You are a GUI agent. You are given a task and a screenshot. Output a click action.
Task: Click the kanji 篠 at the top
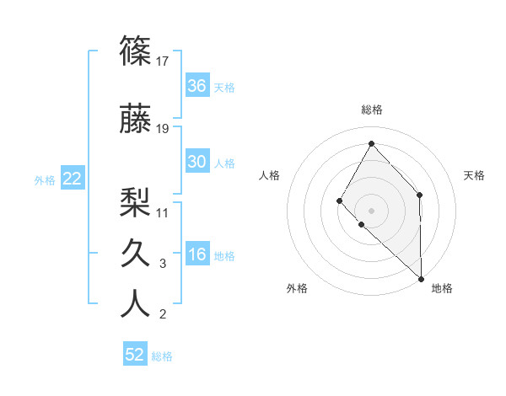pos(135,51)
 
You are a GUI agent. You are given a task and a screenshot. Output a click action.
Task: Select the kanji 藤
pos(135,119)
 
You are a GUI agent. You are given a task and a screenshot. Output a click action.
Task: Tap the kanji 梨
pos(135,201)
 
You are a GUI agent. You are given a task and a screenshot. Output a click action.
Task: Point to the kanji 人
pos(135,303)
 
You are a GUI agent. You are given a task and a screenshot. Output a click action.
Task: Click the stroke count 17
pos(163,61)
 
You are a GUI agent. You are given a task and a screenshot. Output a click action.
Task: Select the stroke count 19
pos(163,129)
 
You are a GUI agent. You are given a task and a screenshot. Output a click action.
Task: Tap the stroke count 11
pos(163,212)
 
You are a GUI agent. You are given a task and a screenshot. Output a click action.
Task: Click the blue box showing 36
pos(197,86)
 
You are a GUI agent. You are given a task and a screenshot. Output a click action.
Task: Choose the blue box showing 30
pos(197,162)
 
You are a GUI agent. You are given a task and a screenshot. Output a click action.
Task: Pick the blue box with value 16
pos(197,254)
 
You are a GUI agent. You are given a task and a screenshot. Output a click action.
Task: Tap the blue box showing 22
pos(73,179)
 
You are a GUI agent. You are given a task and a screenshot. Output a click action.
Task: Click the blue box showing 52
pos(135,355)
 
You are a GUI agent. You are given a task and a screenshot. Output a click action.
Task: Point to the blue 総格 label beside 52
pos(162,356)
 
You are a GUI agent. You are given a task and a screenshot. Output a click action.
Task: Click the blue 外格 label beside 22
pos(45,180)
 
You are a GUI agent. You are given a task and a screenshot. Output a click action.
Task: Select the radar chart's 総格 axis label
pos(371,110)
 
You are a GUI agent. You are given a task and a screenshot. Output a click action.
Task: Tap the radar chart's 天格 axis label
pos(475,175)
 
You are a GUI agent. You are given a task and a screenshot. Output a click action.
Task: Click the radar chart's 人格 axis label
pos(270,175)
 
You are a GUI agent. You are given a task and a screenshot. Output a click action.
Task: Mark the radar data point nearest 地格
pos(421,278)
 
